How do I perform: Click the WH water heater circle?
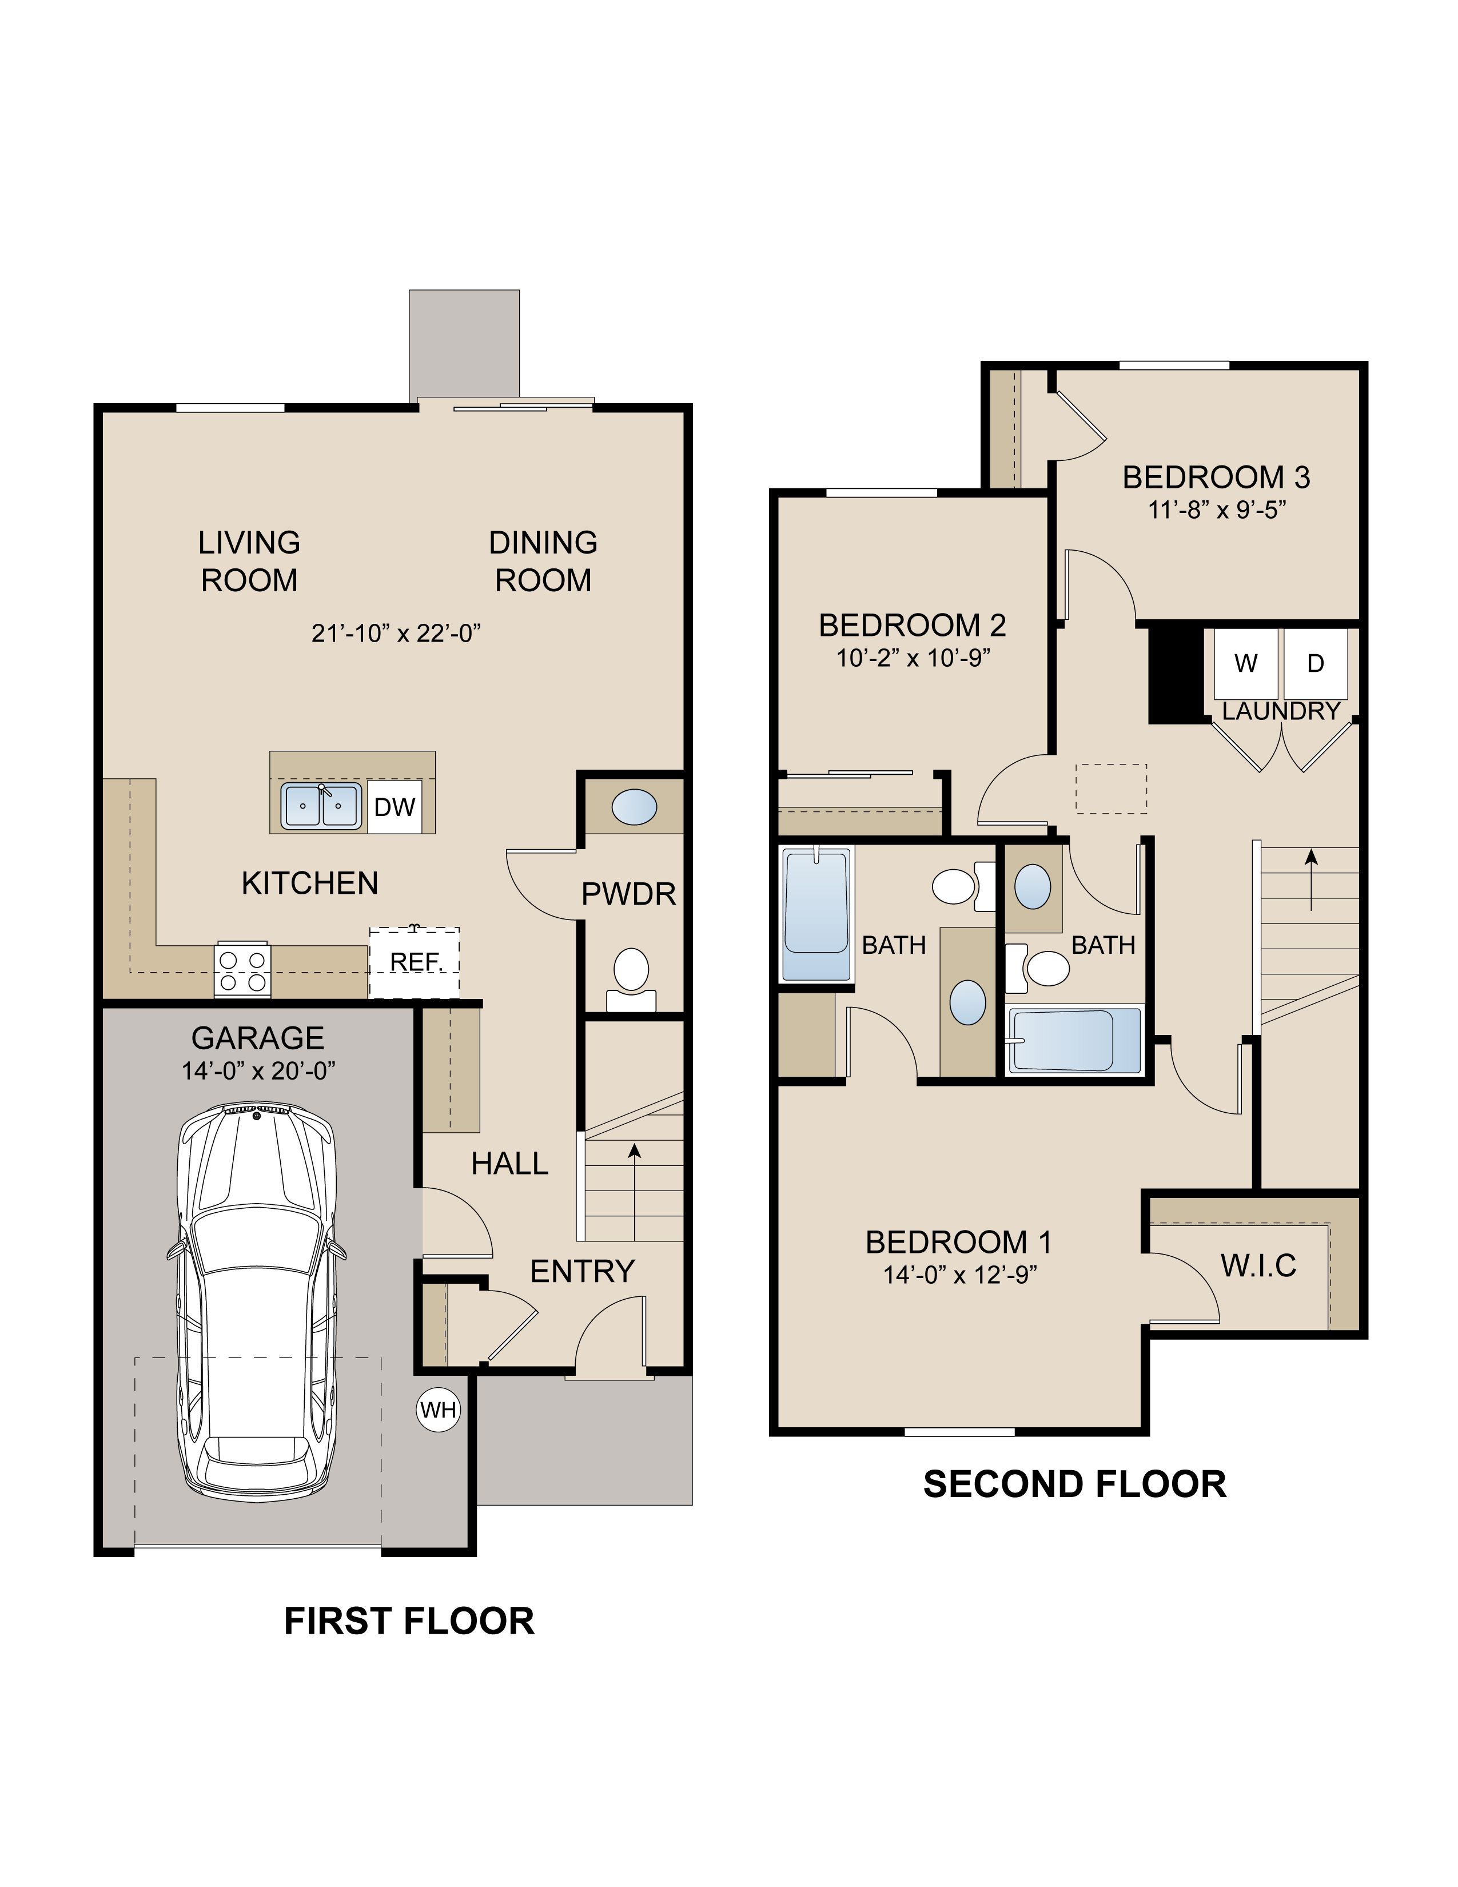pyautogui.click(x=438, y=1410)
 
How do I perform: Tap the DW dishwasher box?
pyautogui.click(x=395, y=807)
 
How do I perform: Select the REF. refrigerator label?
pyautogui.click(x=416, y=962)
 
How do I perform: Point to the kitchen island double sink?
pyautogui.click(x=320, y=806)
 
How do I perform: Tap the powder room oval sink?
pyautogui.click(x=634, y=807)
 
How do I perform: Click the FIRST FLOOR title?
pyautogui.click(x=409, y=1621)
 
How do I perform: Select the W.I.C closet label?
pyautogui.click(x=1258, y=1266)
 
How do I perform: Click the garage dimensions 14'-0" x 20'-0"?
pyautogui.click(x=258, y=1070)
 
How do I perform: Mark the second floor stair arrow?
pyautogui.click(x=1312, y=879)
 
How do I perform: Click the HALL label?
pyautogui.click(x=509, y=1164)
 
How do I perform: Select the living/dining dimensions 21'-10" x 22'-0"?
pyautogui.click(x=396, y=634)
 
